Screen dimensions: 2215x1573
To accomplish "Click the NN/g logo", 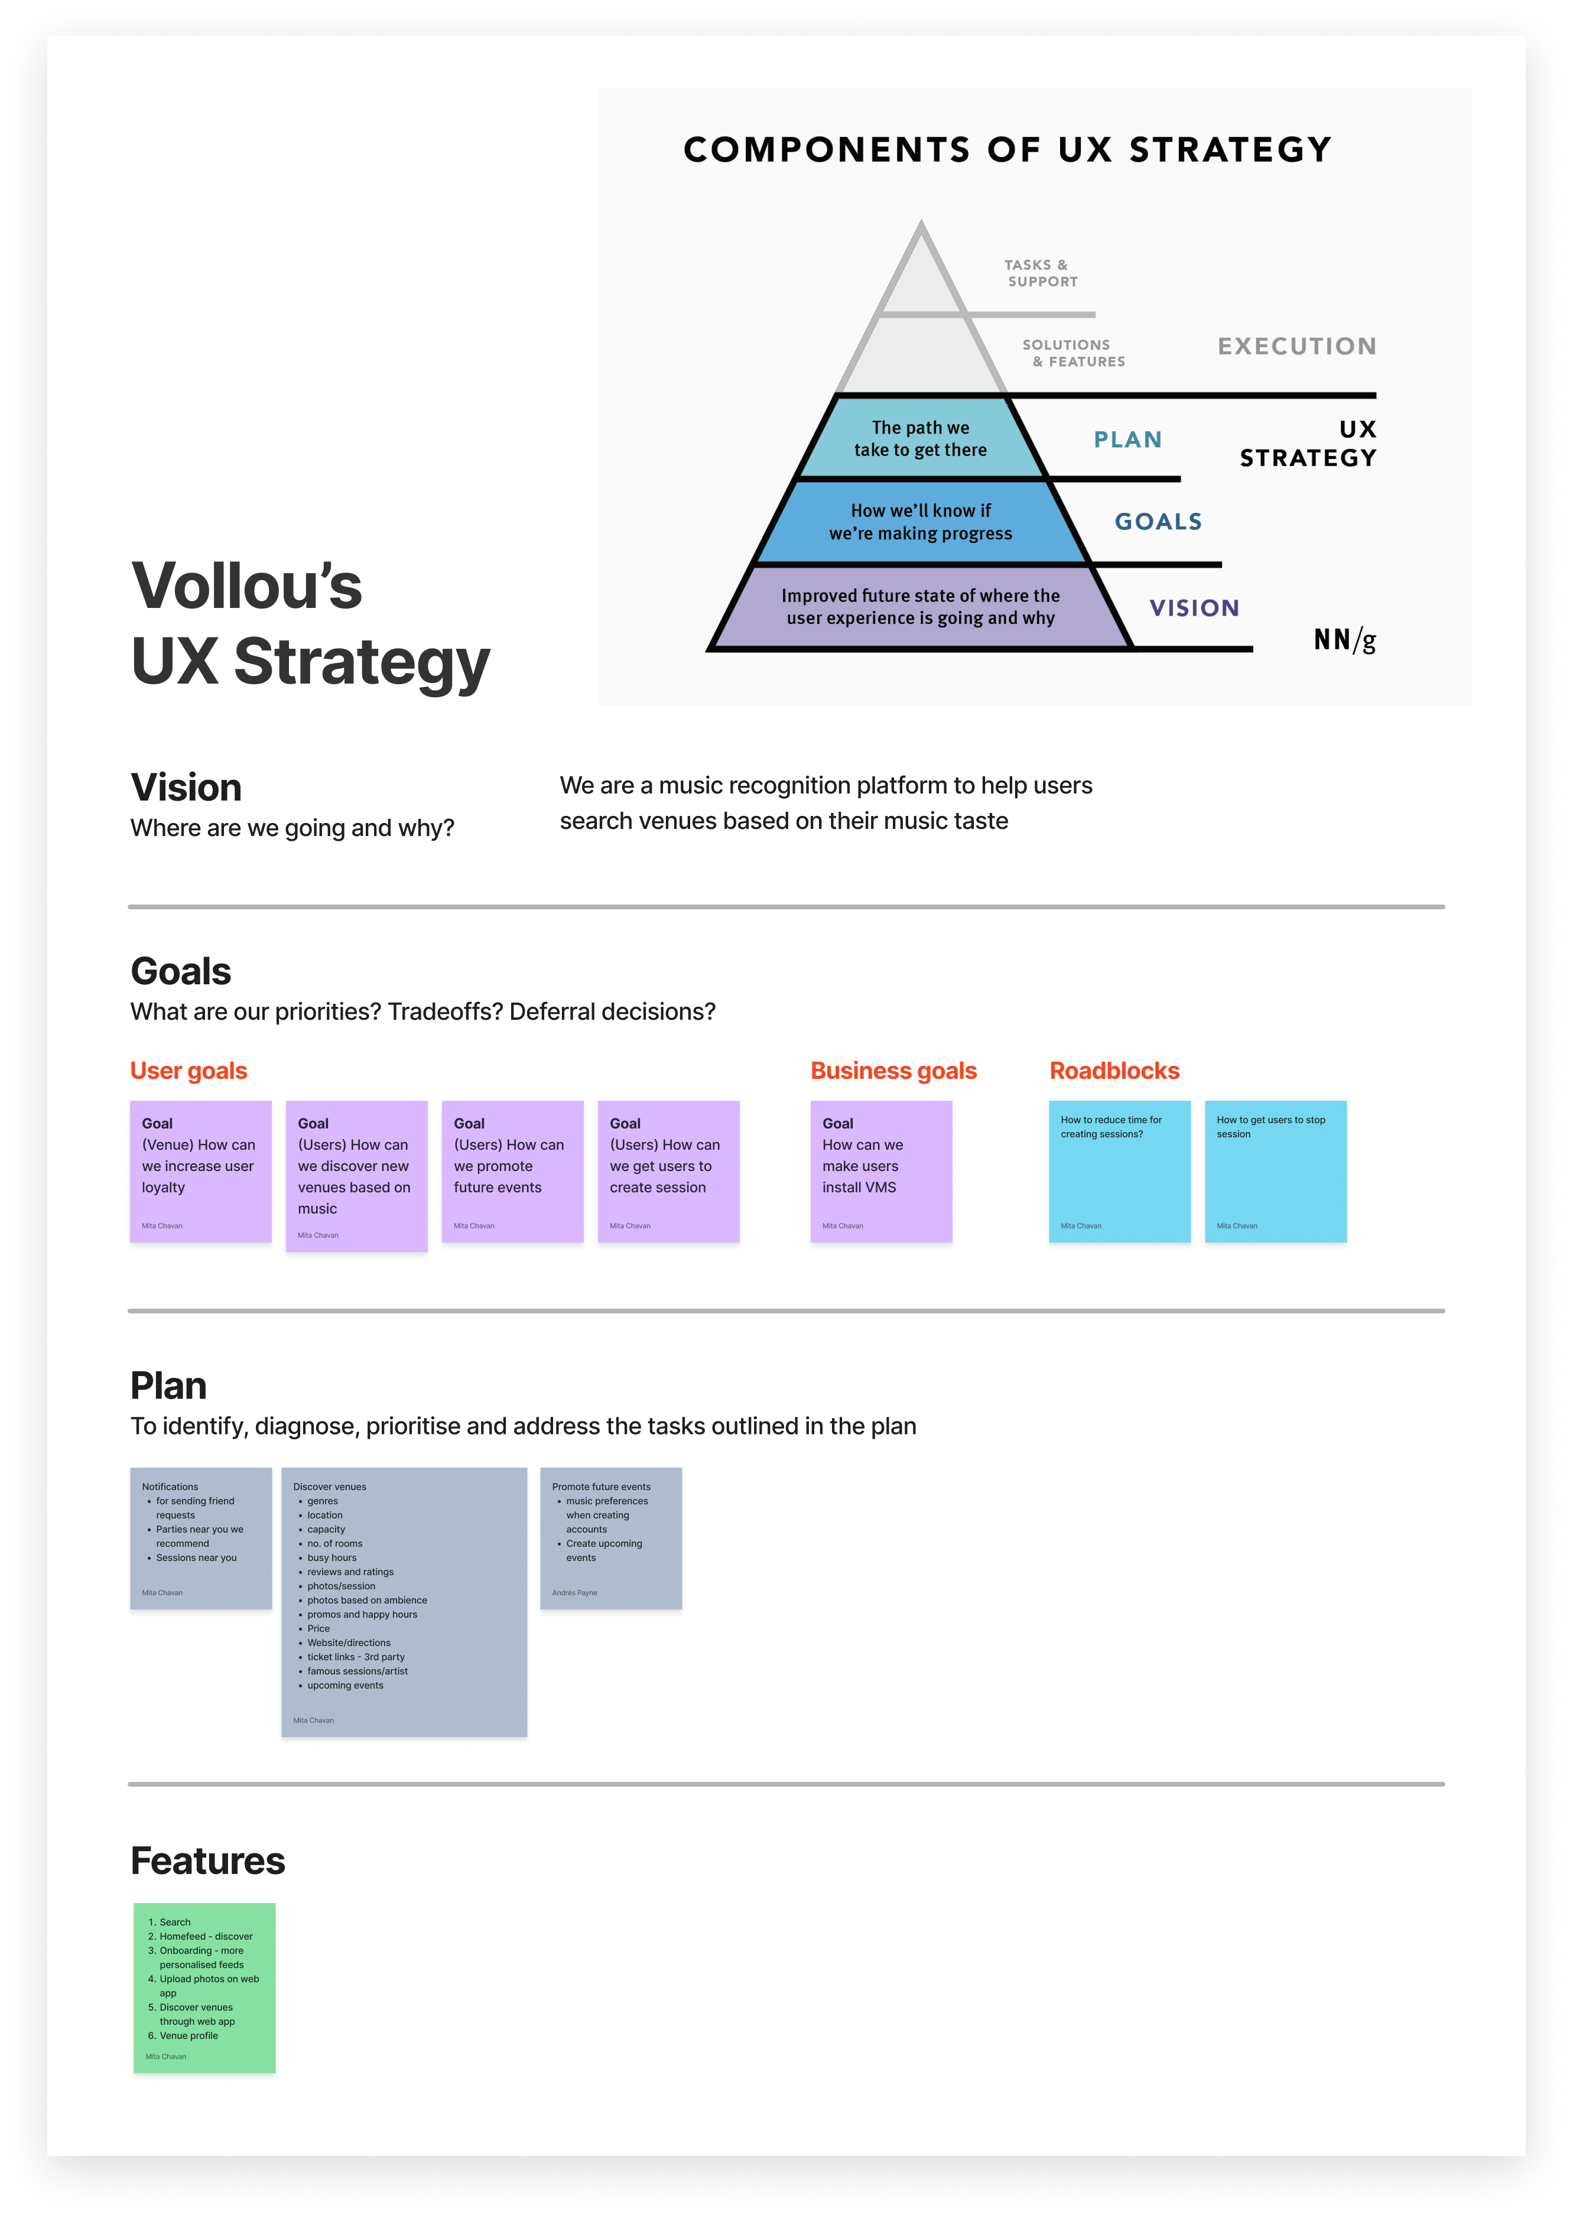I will pyautogui.click(x=1344, y=639).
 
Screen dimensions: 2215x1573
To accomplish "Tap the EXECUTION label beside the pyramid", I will pyautogui.click(x=1296, y=346).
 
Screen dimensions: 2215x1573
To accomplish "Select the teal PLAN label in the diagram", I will pyautogui.click(x=1127, y=440).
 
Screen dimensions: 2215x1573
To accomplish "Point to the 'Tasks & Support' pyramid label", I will pyautogui.click(x=1039, y=273).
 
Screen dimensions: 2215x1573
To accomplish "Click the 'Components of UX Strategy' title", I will pyautogui.click(x=1007, y=149).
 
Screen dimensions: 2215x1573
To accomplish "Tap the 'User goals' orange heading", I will pyautogui.click(x=189, y=1070).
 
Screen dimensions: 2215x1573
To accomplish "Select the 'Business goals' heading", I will pyautogui.click(x=893, y=1070).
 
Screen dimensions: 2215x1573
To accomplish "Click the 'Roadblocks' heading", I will pyautogui.click(x=1114, y=1070).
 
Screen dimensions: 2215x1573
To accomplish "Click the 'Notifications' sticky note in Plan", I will pyautogui.click(x=200, y=1537).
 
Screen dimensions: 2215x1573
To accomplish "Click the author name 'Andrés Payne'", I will pyautogui.click(x=574, y=1592).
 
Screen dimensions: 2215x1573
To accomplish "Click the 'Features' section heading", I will pyautogui.click(x=208, y=1861).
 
